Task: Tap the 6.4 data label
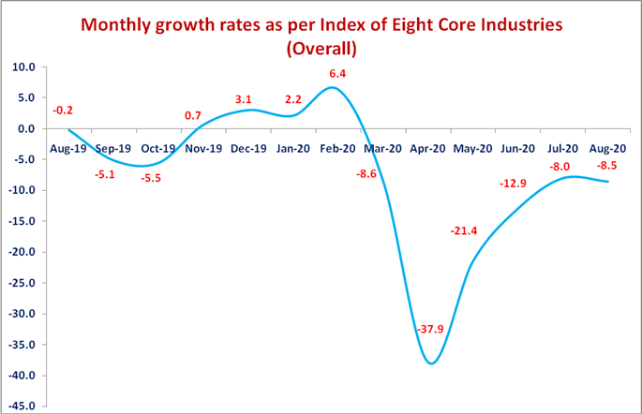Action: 336,74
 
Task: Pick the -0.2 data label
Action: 63,111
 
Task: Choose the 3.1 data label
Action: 245,98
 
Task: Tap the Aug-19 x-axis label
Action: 67,147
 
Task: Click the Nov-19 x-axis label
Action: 203,147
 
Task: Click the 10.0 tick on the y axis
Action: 22,67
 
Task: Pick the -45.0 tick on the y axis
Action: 20,407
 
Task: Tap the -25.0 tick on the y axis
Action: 20,283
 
